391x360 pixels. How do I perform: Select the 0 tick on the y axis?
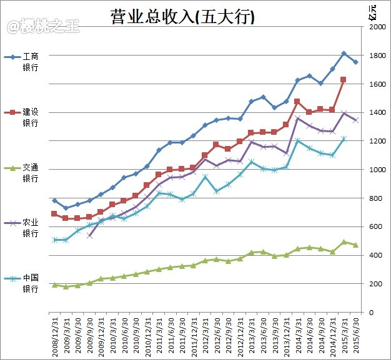pyautogui.click(x=373, y=312)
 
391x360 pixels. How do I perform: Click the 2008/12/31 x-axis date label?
pyautogui.click(x=55, y=335)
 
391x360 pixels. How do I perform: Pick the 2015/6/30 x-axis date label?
pyautogui.click(x=356, y=335)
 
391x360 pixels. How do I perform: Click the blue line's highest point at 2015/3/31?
pyautogui.click(x=344, y=54)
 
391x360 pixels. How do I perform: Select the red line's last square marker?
pyautogui.click(x=344, y=80)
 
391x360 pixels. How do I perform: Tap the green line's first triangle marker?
pyautogui.click(x=54, y=285)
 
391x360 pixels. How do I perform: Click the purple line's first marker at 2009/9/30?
pyautogui.click(x=89, y=236)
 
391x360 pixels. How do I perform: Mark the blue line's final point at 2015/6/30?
pyautogui.click(x=355, y=62)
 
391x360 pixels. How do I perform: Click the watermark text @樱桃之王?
pyautogui.click(x=35, y=26)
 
